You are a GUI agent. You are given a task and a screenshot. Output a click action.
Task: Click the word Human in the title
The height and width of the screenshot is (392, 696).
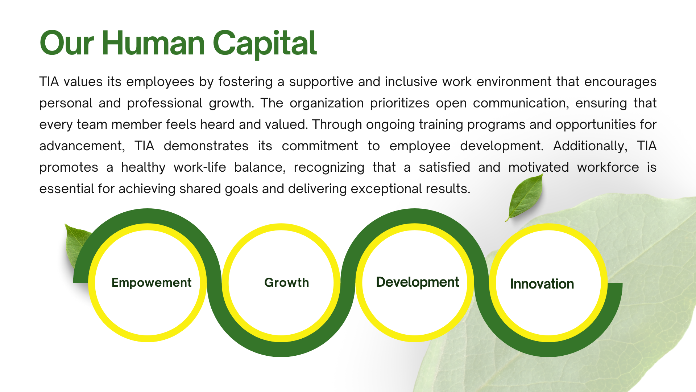[x=153, y=43]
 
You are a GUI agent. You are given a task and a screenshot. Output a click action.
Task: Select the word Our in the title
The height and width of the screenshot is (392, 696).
[x=67, y=43]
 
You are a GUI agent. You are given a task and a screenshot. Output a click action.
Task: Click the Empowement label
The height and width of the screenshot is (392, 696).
[x=151, y=282]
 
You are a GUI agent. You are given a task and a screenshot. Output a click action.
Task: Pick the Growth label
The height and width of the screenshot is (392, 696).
[x=286, y=282]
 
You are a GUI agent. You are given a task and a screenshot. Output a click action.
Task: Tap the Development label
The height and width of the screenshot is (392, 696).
[x=417, y=282]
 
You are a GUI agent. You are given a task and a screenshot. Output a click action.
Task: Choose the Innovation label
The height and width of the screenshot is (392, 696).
[x=542, y=284]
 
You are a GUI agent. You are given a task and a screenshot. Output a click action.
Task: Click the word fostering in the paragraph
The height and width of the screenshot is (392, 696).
[x=245, y=82]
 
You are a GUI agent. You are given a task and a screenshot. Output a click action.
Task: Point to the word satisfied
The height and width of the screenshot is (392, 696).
[x=444, y=167]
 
